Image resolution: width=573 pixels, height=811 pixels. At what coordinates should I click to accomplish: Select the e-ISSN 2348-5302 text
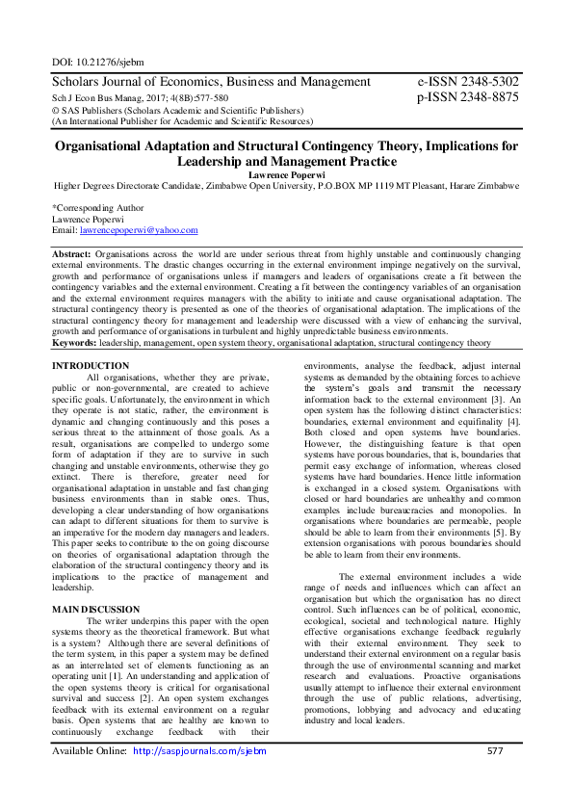(x=468, y=83)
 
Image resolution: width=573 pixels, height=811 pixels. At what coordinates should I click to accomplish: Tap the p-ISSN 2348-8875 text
(x=468, y=98)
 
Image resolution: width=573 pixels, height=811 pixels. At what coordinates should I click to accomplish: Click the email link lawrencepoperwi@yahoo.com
(x=138, y=230)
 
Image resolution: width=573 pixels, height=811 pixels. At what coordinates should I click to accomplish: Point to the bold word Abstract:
(x=71, y=252)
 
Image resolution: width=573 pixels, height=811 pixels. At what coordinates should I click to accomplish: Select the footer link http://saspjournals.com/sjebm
(x=198, y=777)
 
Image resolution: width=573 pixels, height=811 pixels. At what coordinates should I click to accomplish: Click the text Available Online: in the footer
(x=89, y=777)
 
